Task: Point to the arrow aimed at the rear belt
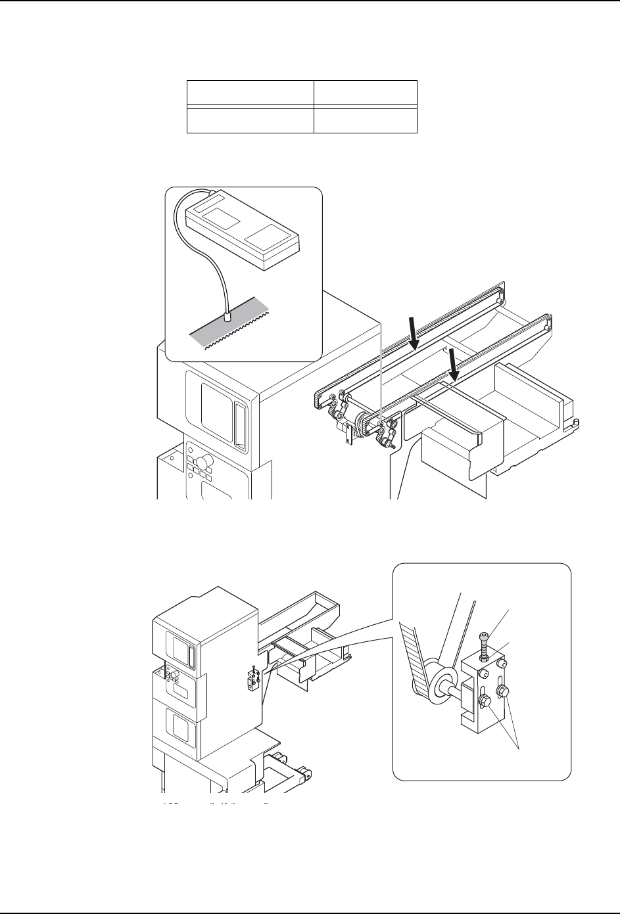pyautogui.click(x=413, y=332)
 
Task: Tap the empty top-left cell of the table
pyautogui.click(x=250, y=93)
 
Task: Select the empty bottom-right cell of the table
pyautogui.click(x=365, y=120)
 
